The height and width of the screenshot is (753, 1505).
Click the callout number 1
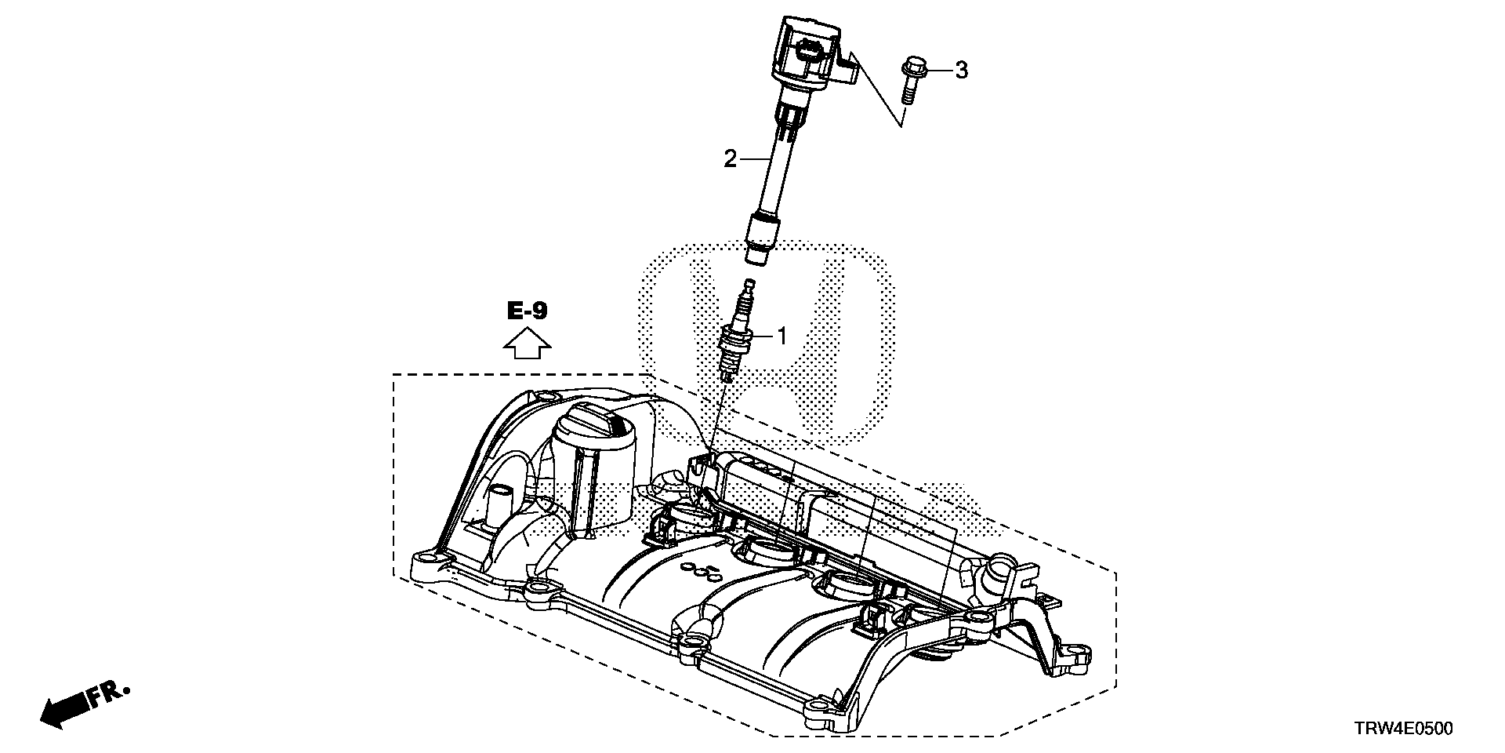tap(781, 336)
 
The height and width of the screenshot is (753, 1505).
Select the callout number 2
tap(730, 160)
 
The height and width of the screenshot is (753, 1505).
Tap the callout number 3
tap(961, 71)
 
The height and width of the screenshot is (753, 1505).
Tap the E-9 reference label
tap(527, 311)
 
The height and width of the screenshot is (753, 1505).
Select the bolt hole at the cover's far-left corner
tap(426, 560)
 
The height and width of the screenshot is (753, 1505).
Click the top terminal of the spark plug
tap(750, 285)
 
